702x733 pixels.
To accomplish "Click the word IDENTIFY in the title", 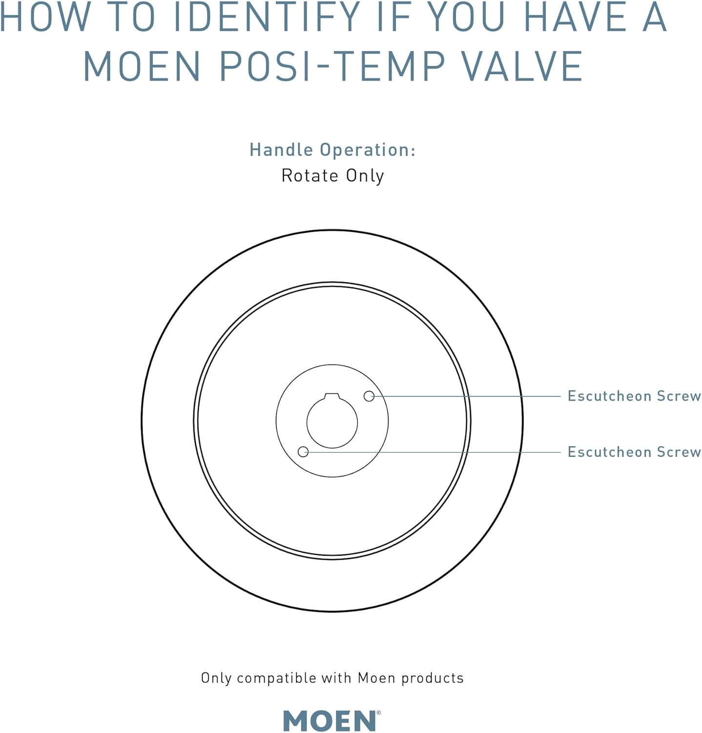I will click(267, 18).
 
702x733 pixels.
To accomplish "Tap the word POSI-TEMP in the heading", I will click(332, 66).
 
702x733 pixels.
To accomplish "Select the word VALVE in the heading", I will click(522, 66).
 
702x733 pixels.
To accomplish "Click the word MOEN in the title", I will click(142, 66).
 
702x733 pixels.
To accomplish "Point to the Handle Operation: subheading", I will click(332, 150).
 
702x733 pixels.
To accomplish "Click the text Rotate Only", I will click(332, 175).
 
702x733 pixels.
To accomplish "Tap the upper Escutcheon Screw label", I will click(634, 396).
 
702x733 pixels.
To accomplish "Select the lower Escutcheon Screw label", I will click(634, 452).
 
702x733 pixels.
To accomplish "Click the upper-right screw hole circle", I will click(369, 396).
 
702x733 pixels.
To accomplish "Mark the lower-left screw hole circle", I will click(303, 452).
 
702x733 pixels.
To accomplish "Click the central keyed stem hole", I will click(332, 423).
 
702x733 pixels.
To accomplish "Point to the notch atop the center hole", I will click(332, 395).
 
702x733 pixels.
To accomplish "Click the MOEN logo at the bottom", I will click(330, 721).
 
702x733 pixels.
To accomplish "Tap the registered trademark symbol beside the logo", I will click(378, 713).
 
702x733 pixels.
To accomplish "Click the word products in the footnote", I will click(432, 678).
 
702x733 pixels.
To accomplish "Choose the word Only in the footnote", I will click(216, 678).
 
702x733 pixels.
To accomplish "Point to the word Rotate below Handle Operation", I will click(310, 175).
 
